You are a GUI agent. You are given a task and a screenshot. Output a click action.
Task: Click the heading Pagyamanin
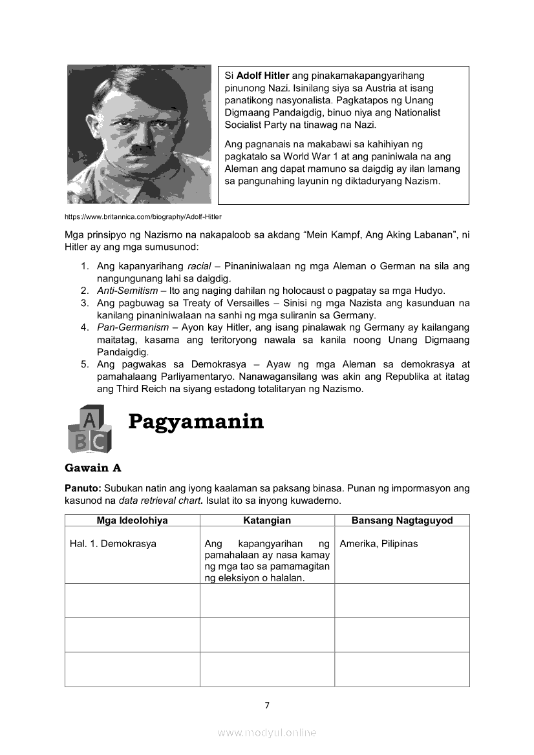coord(196,421)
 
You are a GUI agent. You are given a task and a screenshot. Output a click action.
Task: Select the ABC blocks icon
coord(89,429)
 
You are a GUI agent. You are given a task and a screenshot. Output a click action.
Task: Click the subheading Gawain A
coord(93,468)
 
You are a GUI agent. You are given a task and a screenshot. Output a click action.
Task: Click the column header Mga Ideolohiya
coord(132,521)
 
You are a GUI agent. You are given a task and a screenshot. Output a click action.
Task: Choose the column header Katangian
coord(267,521)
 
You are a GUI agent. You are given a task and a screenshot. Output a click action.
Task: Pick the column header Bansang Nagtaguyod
coord(401,521)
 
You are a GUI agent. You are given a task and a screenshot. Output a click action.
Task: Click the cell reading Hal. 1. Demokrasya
coord(113,544)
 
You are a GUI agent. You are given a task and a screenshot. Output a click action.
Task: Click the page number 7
coord(267,705)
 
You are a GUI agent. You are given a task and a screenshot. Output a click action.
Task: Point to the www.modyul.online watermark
coord(267,732)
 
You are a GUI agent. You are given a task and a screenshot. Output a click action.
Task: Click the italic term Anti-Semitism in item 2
coord(127,291)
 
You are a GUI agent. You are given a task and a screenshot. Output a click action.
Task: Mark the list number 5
coord(85,364)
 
